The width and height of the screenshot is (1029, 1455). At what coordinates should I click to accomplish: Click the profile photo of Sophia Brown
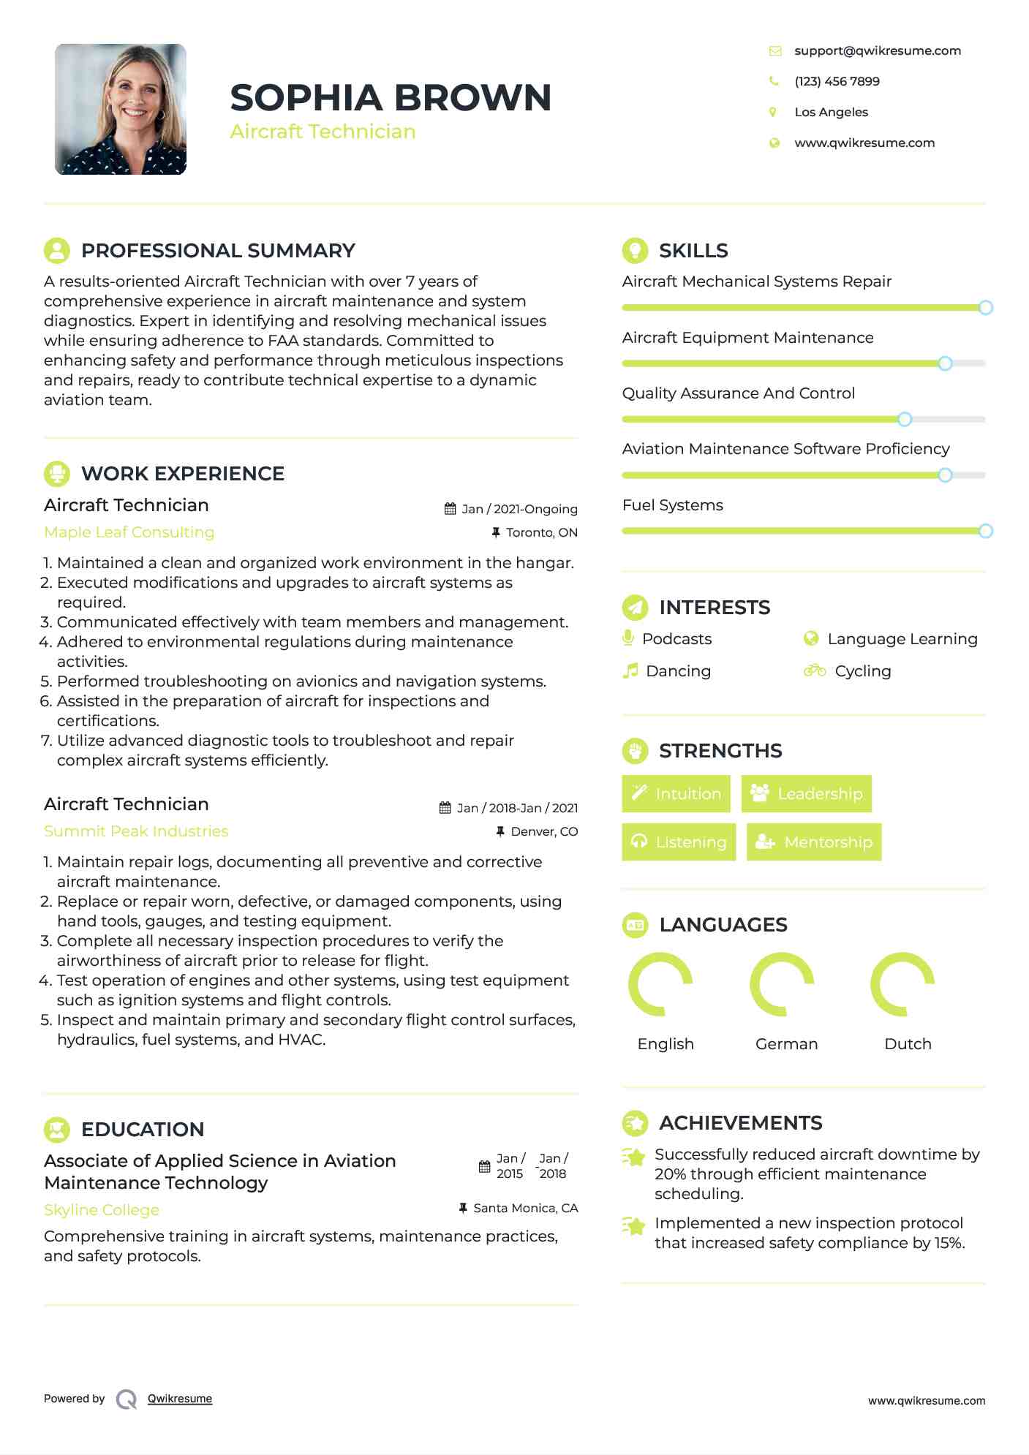pos(121,109)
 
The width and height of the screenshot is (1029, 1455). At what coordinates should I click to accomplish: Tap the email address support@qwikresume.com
pos(877,50)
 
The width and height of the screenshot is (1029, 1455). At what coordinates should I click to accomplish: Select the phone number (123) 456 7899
pos(837,81)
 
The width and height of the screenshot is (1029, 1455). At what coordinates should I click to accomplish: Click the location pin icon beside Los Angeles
pos(773,112)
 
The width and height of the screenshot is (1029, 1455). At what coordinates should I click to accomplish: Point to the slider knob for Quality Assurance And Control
pos(905,419)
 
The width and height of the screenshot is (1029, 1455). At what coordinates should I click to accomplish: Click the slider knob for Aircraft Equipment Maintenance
pos(945,363)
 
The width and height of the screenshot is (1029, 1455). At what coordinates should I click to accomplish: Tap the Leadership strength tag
pos(806,793)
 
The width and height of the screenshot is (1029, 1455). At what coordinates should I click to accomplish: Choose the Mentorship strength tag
pos(813,842)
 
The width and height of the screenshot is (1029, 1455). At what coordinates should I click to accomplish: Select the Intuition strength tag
pos(676,793)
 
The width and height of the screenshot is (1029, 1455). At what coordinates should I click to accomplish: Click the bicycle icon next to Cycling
pos(814,670)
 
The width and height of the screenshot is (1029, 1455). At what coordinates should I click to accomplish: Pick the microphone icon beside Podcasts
pos(627,638)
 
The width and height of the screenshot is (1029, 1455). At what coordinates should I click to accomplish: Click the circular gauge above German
pos(782,984)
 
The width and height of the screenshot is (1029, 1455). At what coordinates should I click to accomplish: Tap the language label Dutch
pos(908,1044)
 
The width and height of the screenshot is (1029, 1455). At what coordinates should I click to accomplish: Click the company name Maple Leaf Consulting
pos(129,532)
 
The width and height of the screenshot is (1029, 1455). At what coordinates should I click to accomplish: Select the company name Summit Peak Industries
pos(136,831)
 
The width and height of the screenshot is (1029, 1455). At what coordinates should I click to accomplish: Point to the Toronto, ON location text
pos(541,532)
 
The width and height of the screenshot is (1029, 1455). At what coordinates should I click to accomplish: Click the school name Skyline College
pos(102,1210)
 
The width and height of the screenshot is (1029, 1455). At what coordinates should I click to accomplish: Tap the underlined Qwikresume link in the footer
pos(180,1399)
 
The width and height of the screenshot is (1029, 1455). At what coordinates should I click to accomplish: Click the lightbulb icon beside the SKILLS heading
pos(635,250)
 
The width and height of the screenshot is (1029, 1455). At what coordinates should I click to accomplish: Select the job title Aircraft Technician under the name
pos(323,132)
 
